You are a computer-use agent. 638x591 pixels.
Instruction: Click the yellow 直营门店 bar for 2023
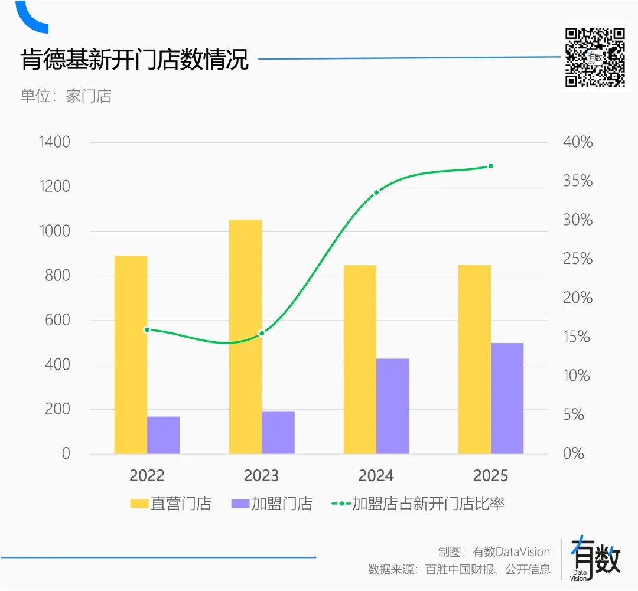[x=245, y=337]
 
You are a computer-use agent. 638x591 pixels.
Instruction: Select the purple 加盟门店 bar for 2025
[x=507, y=399]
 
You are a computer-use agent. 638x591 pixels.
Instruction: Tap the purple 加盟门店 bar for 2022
[x=163, y=435]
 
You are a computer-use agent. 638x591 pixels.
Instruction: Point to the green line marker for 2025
[x=490, y=166]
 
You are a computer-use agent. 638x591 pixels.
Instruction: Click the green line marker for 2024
[x=376, y=192]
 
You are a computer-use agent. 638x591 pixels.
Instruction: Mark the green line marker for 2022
[x=147, y=330]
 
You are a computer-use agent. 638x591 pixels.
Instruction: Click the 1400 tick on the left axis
[x=54, y=142]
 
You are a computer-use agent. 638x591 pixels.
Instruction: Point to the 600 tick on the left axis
[x=57, y=321]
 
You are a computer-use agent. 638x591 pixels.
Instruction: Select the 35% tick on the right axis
[x=577, y=181]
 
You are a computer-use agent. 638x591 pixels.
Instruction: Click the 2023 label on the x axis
[x=261, y=476]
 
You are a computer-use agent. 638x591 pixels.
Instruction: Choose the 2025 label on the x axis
[x=490, y=476]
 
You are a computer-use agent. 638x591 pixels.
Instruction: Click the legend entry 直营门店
[x=171, y=504]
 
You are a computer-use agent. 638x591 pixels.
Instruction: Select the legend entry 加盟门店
[x=272, y=504]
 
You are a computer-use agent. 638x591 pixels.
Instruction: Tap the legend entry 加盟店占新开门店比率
[x=419, y=504]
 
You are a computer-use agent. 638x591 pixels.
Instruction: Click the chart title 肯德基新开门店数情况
[x=135, y=60]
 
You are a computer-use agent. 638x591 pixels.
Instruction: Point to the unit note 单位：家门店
[x=66, y=96]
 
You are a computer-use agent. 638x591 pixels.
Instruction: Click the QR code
[x=595, y=57]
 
